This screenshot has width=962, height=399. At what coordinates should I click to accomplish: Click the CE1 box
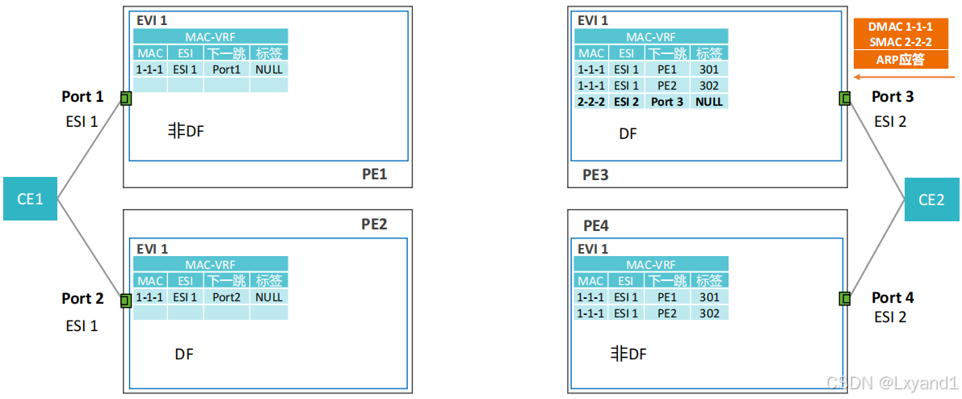pyautogui.click(x=30, y=198)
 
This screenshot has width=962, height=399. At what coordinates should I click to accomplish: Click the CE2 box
pyautogui.click(x=931, y=199)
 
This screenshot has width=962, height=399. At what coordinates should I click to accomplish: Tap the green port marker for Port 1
pyautogui.click(x=126, y=99)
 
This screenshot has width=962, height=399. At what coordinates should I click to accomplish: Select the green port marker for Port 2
pyautogui.click(x=126, y=300)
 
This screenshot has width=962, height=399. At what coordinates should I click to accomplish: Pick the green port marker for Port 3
pyautogui.click(x=845, y=99)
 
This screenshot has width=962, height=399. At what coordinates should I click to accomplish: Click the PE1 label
pyautogui.click(x=375, y=174)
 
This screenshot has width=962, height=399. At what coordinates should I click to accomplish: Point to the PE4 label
pyautogui.click(x=596, y=224)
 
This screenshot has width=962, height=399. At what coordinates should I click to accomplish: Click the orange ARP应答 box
pyautogui.click(x=901, y=59)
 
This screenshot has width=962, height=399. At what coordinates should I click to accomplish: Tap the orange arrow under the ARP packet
pyautogui.click(x=901, y=78)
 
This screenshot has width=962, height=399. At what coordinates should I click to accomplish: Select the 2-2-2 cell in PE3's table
pyautogui.click(x=591, y=102)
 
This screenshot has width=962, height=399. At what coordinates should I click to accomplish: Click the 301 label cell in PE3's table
pyautogui.click(x=708, y=69)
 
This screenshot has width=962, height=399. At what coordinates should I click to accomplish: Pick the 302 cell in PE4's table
pyautogui.click(x=708, y=313)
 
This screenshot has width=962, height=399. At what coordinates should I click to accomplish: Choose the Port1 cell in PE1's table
pyautogui.click(x=227, y=69)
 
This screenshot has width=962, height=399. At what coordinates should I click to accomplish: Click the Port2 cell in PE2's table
pyautogui.click(x=227, y=296)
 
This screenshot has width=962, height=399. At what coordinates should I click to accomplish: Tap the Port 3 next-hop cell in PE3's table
pyautogui.click(x=667, y=102)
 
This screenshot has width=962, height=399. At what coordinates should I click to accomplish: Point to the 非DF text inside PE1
pyautogui.click(x=186, y=131)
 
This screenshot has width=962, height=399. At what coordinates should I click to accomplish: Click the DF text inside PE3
pyautogui.click(x=628, y=134)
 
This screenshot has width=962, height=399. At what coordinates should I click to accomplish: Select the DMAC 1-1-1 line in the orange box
pyautogui.click(x=901, y=27)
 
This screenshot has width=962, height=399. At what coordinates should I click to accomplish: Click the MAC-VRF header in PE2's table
pyautogui.click(x=210, y=264)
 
